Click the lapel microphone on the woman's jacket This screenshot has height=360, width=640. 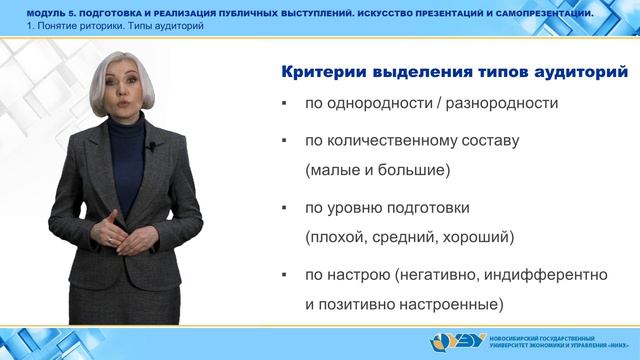click(x=152, y=149)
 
